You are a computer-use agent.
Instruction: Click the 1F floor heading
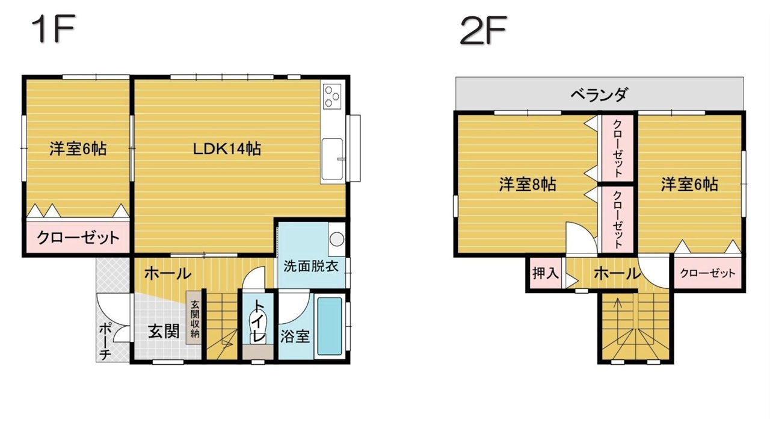(54, 29)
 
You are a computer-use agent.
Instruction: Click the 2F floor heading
(483, 30)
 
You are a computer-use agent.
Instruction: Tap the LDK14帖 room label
(227, 149)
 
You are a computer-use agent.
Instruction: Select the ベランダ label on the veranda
(600, 94)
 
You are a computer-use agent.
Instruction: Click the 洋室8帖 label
(528, 184)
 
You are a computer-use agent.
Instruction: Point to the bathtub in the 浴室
(329, 326)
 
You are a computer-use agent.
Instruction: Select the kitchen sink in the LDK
(332, 159)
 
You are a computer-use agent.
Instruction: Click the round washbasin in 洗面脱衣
(336, 239)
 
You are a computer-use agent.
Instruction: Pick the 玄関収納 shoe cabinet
(195, 318)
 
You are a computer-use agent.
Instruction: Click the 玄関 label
(164, 332)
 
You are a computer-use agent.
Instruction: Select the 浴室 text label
(295, 336)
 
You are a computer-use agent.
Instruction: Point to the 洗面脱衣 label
(311, 266)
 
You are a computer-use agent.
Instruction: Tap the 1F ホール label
(167, 274)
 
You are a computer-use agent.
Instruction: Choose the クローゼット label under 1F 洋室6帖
(78, 237)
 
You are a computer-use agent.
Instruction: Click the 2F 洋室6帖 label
(689, 184)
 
